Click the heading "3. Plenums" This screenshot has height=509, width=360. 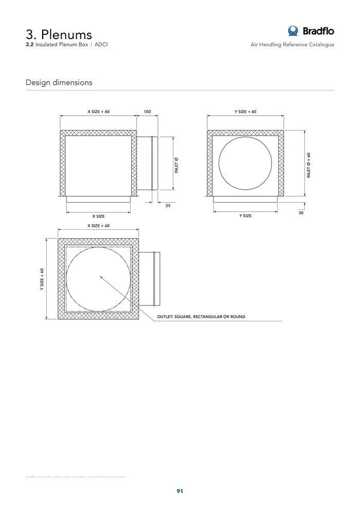pyautogui.click(x=59, y=34)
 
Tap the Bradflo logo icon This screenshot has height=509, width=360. pyautogui.click(x=293, y=31)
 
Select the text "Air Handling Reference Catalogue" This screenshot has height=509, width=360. pyautogui.click(x=292, y=45)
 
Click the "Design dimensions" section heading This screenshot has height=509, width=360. pyautogui.click(x=59, y=82)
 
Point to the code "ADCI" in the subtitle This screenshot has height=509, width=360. pyautogui.click(x=101, y=45)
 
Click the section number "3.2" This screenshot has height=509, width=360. pyautogui.click(x=30, y=45)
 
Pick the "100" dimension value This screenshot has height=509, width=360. pyautogui.click(x=147, y=112)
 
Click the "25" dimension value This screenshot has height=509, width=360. pyautogui.click(x=167, y=206)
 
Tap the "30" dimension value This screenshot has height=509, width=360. pyautogui.click(x=301, y=212)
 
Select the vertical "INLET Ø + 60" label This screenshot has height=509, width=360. pyautogui.click(x=309, y=165)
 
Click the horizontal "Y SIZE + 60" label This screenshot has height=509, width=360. pyautogui.click(x=245, y=112)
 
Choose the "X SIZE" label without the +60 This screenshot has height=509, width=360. pyautogui.click(x=98, y=216)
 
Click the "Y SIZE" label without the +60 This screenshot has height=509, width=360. pyautogui.click(x=245, y=216)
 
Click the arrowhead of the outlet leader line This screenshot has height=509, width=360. pyautogui.click(x=101, y=277)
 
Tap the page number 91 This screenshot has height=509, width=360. pyautogui.click(x=180, y=491)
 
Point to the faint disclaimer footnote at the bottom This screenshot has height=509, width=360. pyautogui.click(x=75, y=477)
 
